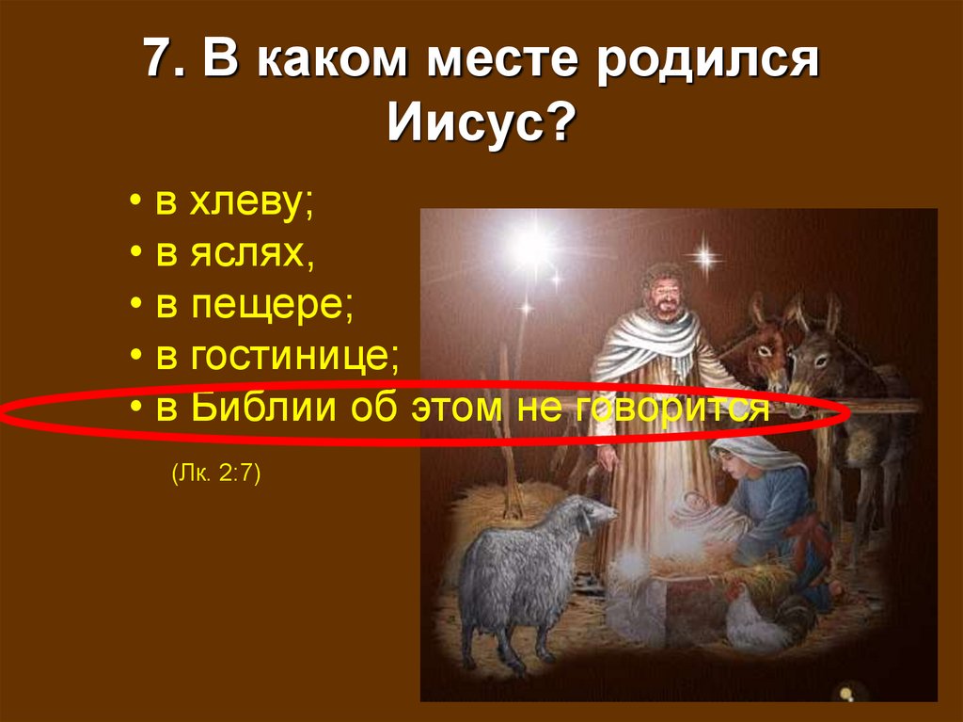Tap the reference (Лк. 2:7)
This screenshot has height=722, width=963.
[x=215, y=473]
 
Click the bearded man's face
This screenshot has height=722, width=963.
[x=666, y=295]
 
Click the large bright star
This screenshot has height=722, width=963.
[x=530, y=247]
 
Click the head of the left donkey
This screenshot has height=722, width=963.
[x=766, y=348]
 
